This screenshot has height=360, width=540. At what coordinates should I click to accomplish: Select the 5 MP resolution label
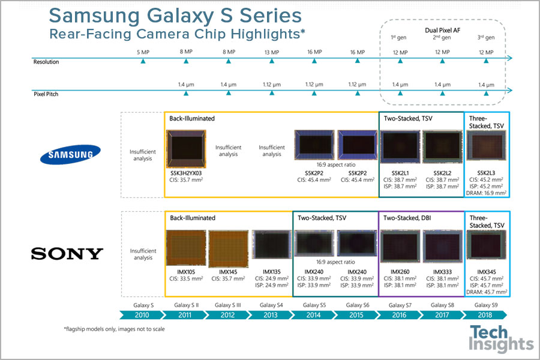143,52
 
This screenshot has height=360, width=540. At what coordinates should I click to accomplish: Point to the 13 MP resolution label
272,52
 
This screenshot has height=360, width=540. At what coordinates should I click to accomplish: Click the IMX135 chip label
271,272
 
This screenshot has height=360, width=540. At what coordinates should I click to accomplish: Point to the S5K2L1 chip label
400,172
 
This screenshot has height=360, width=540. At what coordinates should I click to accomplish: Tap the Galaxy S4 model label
272,305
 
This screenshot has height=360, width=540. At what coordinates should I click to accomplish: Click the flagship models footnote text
114,329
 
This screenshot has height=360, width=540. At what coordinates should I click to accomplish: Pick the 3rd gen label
485,38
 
